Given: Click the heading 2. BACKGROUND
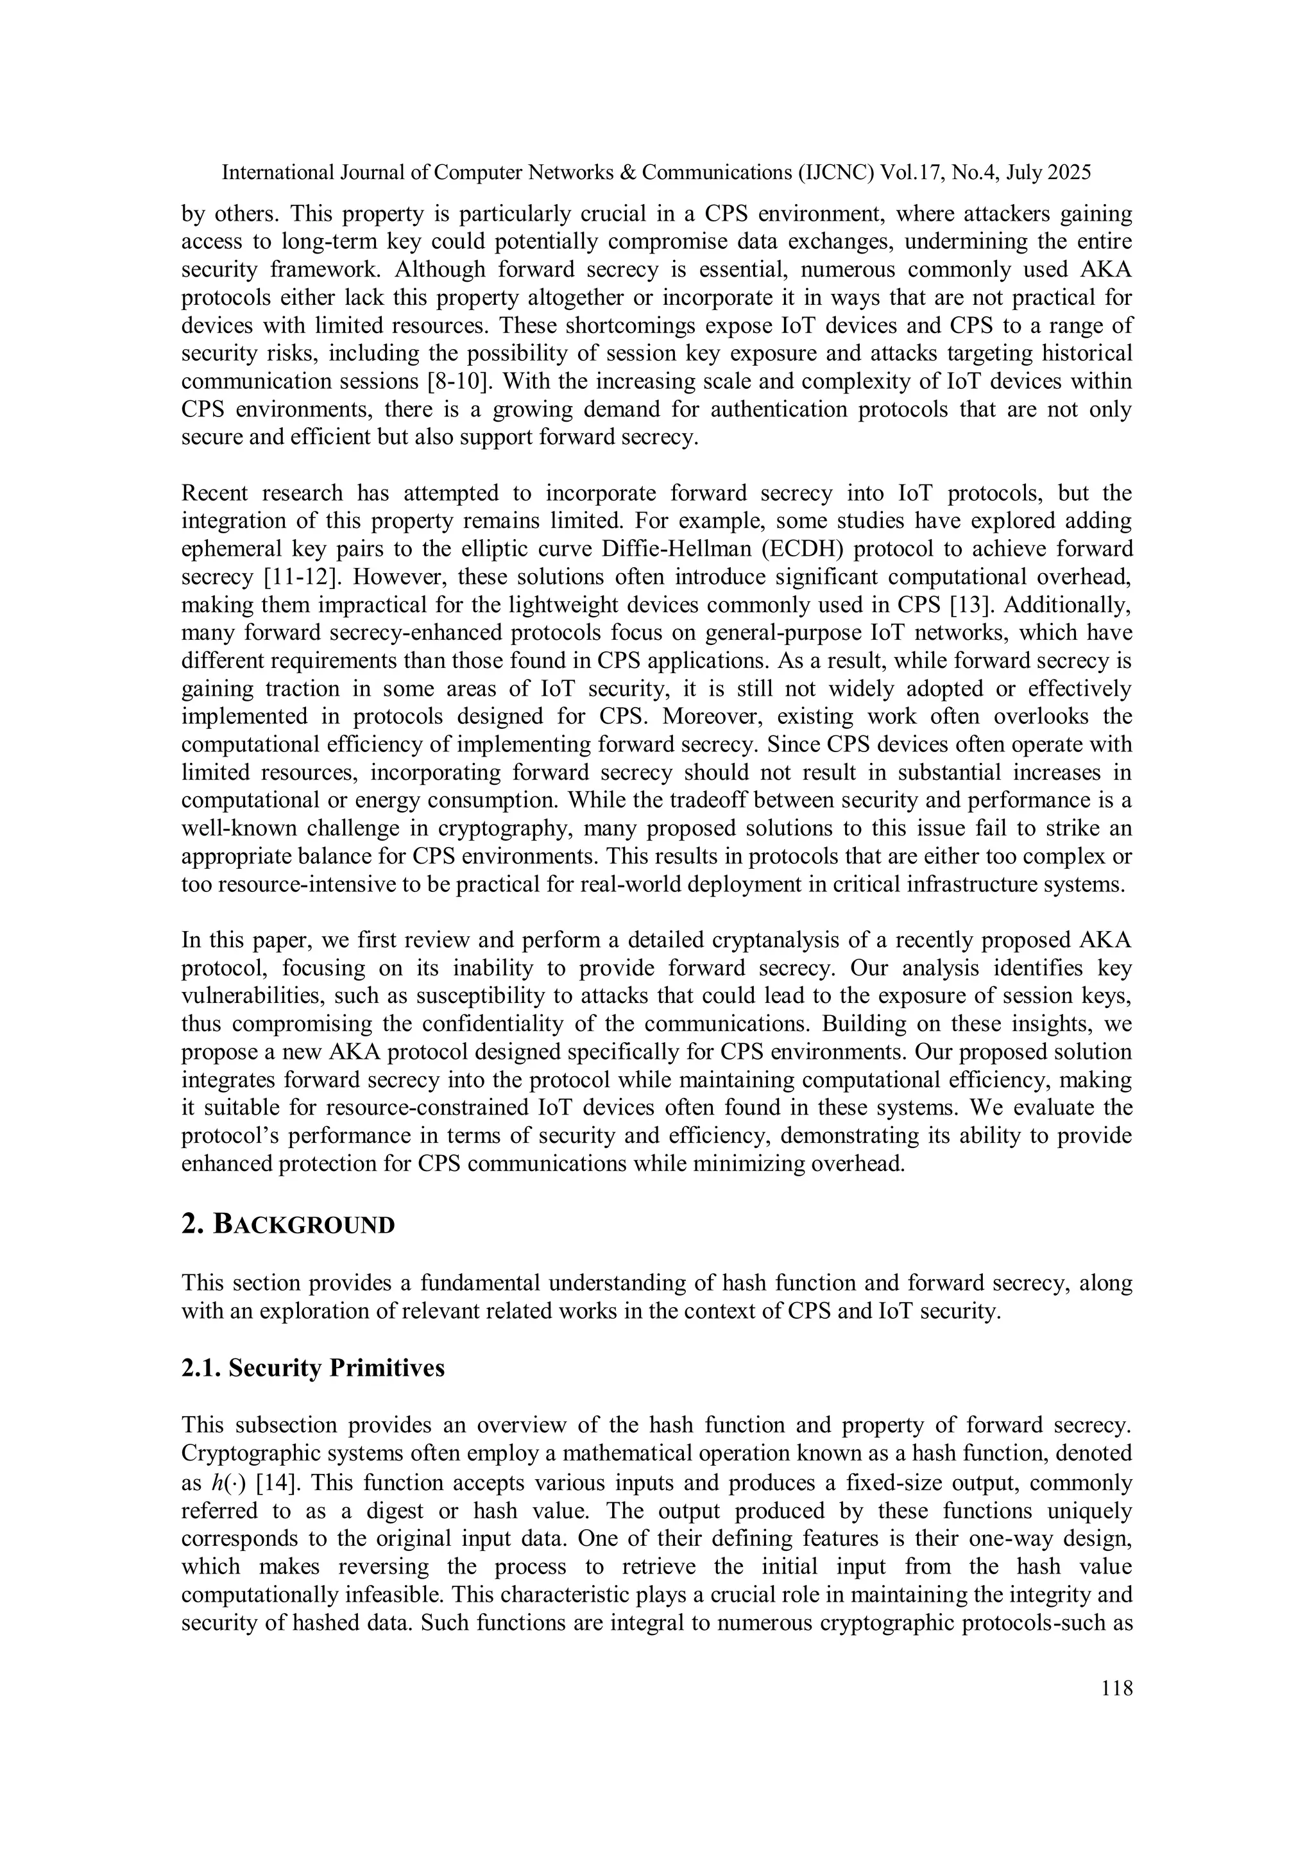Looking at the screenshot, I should pos(288,1225).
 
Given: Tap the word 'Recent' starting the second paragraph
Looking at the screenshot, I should pos(214,493).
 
